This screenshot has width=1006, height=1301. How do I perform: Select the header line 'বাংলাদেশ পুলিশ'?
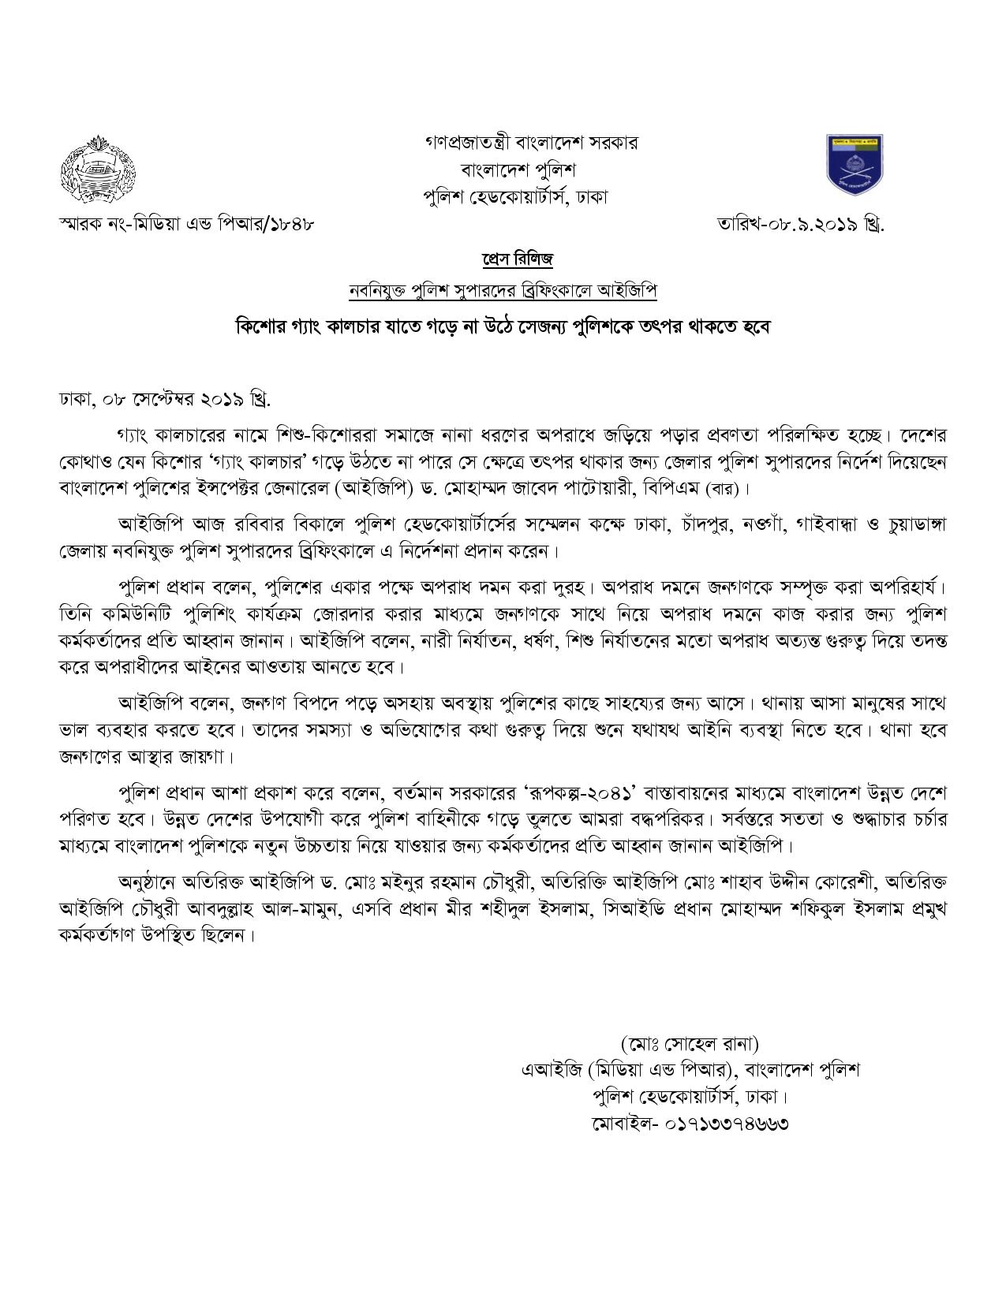tap(519, 170)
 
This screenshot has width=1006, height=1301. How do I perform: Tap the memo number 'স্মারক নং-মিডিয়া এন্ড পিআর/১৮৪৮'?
tap(187, 224)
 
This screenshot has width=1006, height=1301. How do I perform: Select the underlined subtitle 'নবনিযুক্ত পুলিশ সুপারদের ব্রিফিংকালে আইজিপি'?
tap(503, 291)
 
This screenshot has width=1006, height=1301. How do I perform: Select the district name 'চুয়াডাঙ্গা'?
tap(911, 524)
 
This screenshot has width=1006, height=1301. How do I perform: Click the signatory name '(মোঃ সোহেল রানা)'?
tap(689, 1044)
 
